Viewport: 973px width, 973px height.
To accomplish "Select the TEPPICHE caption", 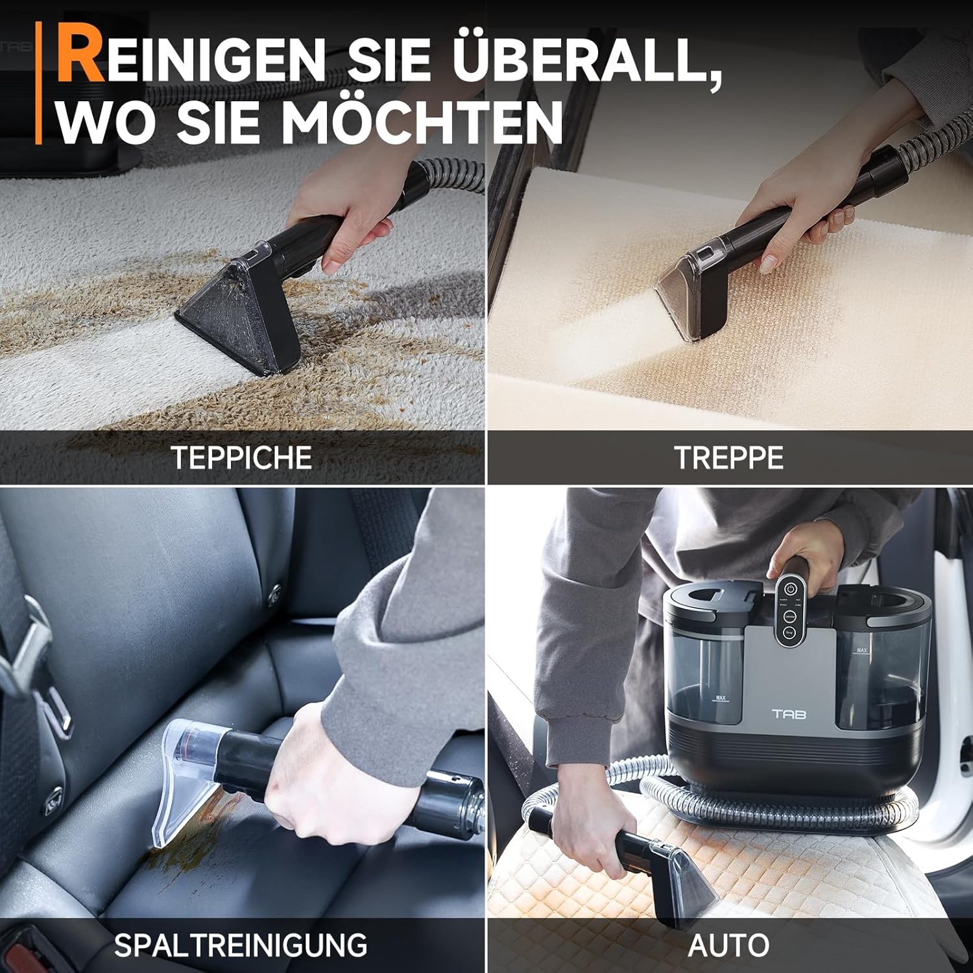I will [x=241, y=458].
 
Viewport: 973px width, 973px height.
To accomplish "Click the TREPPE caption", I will [x=728, y=458].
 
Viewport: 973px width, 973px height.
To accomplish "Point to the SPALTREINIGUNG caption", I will [x=241, y=945].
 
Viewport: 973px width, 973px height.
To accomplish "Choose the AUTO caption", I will [x=728, y=945].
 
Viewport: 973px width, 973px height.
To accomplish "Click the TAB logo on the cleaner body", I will [x=789, y=714].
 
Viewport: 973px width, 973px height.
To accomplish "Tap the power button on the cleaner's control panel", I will [x=789, y=589].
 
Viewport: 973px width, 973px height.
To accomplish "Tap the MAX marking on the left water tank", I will [x=720, y=699].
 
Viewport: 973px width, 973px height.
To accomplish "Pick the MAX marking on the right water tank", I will [x=862, y=650].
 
